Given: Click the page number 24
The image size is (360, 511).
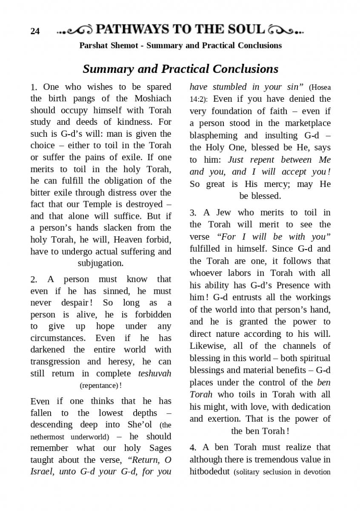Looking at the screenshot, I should coord(35,31).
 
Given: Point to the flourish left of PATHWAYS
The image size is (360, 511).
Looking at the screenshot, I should coord(74,30).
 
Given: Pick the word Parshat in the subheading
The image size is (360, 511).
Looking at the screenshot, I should coord(94,46).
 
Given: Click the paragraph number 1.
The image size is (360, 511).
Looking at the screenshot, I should coord(34,87).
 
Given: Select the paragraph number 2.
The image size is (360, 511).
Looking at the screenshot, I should coord(34,280).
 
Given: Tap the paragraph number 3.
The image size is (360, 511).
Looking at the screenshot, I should coord(193,212).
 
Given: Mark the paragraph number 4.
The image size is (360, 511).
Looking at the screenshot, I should coord(193,448).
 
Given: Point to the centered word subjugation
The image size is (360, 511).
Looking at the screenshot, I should coord(100,263).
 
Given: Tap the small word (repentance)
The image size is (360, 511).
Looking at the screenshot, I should coord(99,385).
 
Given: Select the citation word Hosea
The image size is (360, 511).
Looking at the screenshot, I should coord(320,87).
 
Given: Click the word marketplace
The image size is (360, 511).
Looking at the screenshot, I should coord(305,123).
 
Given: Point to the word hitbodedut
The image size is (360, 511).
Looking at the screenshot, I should coord(210,471).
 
